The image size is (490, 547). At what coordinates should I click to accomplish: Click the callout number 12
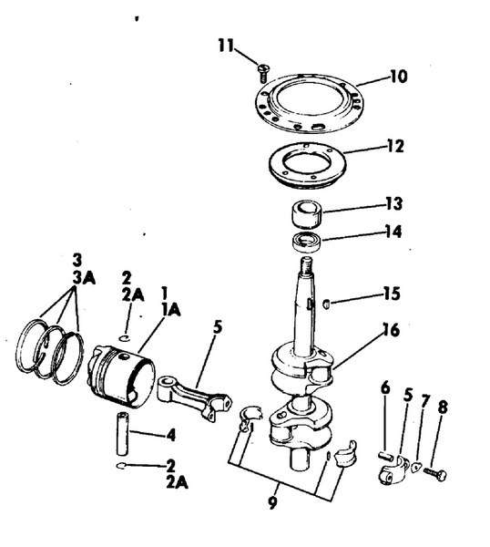[394, 146]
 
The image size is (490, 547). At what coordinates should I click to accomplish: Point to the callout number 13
[393, 202]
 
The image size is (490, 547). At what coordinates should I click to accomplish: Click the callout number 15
[391, 294]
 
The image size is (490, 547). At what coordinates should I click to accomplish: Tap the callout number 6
[384, 389]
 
